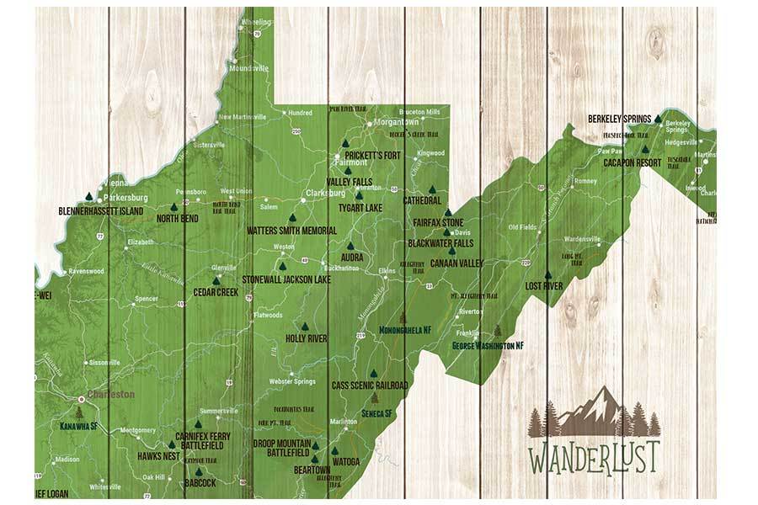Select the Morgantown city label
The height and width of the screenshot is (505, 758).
(x=396, y=122)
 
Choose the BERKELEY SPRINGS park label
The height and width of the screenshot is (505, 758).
(x=619, y=120)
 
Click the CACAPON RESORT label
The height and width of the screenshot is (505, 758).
(x=631, y=162)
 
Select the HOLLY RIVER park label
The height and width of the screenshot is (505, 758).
(x=307, y=338)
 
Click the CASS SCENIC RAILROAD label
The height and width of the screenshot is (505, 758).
(x=370, y=385)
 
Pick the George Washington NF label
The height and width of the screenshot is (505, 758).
(x=488, y=346)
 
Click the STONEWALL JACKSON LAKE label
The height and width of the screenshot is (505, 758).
(x=286, y=279)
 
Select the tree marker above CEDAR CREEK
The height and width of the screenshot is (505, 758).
(x=216, y=281)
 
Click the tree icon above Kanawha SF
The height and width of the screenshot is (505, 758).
(x=80, y=413)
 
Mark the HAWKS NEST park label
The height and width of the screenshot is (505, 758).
(x=158, y=456)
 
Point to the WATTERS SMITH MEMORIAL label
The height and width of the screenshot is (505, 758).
(x=291, y=229)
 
